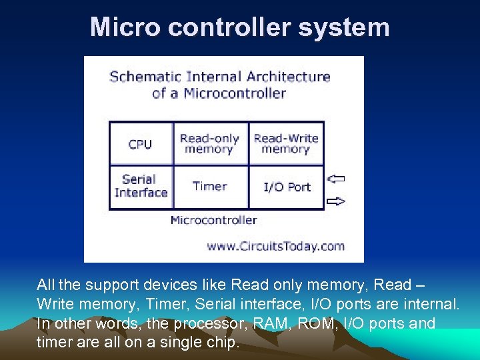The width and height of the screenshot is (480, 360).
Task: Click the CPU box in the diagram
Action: click(x=140, y=144)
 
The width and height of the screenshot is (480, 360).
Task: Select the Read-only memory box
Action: click(x=209, y=144)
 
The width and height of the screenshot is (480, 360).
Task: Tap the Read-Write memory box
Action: click(x=286, y=144)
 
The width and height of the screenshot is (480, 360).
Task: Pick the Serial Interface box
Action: click(x=141, y=186)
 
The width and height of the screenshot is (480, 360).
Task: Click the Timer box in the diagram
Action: click(x=209, y=187)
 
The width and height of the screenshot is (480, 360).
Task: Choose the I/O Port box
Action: click(x=287, y=187)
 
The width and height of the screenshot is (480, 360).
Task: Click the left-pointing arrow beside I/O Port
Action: click(x=337, y=178)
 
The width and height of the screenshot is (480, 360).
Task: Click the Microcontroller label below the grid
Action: click(x=213, y=220)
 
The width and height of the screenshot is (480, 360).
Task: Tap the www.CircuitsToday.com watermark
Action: click(x=275, y=246)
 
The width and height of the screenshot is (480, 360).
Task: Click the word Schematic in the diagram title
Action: click(x=144, y=76)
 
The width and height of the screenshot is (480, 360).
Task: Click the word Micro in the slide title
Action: click(x=116, y=27)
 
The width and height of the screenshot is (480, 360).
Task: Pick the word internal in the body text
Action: click(x=431, y=304)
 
